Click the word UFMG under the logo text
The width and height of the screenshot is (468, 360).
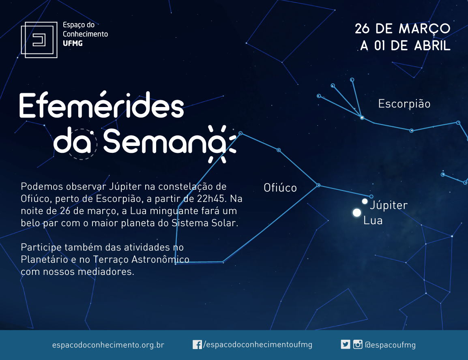73,43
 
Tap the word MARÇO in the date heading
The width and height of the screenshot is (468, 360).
425,29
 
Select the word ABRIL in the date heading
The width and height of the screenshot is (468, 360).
432,46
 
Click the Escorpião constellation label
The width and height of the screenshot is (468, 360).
404,104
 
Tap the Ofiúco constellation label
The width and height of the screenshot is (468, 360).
280,188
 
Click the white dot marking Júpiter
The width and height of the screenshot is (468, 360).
365,201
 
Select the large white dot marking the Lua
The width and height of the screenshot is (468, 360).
356,213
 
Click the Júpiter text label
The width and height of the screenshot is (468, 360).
389,205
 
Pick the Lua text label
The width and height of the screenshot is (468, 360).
373,221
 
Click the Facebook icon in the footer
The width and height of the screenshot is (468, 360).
197,345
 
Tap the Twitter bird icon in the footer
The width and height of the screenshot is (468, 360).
346,345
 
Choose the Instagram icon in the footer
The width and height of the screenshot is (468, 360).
358,345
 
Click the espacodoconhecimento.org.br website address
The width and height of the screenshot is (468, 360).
108,345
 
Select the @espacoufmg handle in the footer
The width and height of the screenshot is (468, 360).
391,345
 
